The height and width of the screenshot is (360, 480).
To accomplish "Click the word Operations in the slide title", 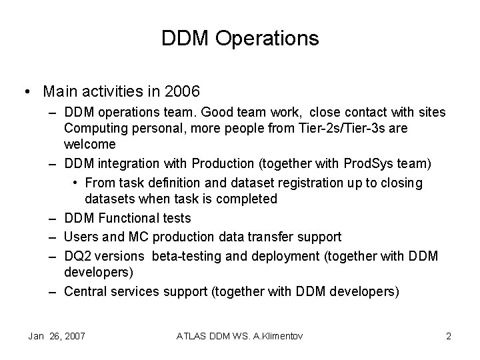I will pyautogui.click(x=275, y=39).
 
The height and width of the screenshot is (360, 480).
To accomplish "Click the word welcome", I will pyautogui.click(x=90, y=144).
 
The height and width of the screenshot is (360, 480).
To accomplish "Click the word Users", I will pyautogui.click(x=81, y=237).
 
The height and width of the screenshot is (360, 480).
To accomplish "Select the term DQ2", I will pyautogui.click(x=77, y=255).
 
